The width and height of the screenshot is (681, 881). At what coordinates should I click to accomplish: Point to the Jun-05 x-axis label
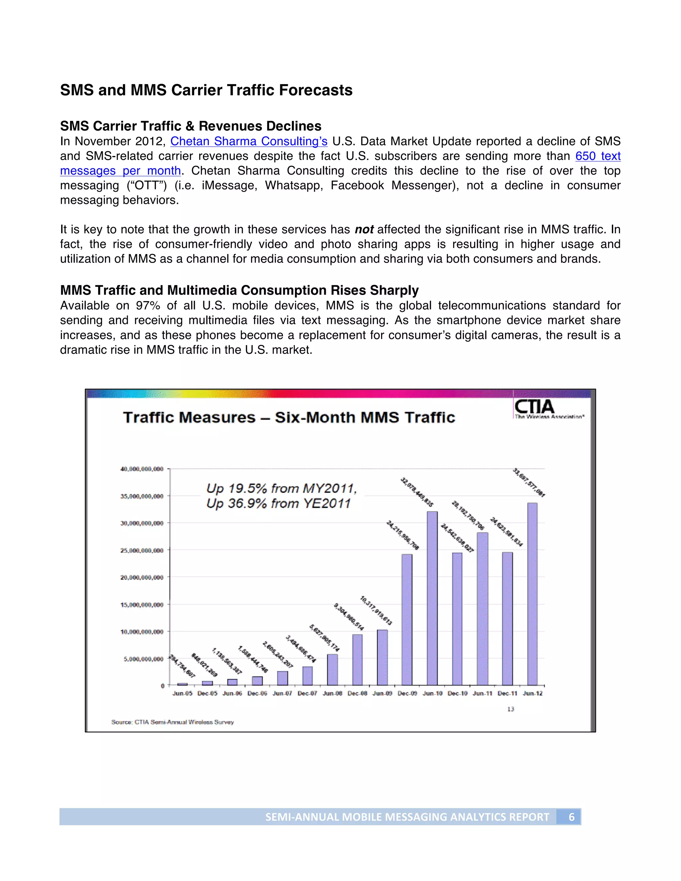point(182,693)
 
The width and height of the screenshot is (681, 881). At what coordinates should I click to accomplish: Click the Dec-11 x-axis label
point(507,693)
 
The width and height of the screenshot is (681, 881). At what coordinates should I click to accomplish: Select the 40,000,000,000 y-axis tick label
point(142,469)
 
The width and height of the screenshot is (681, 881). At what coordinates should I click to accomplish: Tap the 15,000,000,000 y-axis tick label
point(142,604)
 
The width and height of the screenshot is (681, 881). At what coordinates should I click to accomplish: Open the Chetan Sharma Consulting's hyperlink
point(248,141)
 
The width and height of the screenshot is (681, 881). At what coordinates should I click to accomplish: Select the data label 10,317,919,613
point(376,610)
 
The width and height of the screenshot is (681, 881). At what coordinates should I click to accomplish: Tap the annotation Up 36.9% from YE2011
point(278,503)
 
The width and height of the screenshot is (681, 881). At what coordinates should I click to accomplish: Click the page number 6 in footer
point(571,817)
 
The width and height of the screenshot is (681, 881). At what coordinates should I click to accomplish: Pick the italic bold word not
point(364,229)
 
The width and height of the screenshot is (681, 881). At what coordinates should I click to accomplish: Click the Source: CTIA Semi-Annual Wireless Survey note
point(172,722)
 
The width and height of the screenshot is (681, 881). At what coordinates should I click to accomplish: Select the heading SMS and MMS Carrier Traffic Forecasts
point(206,90)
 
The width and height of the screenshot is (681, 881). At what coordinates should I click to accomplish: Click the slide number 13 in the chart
point(510,709)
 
